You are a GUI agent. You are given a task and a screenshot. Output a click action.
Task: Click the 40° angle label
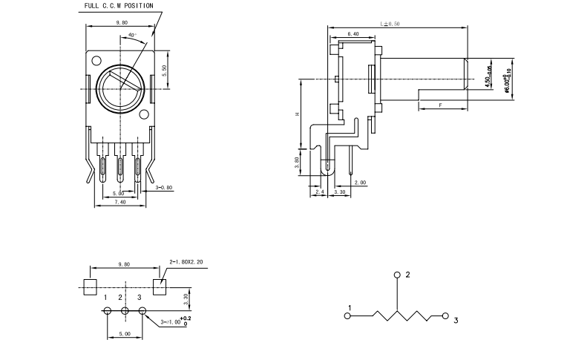pos(132,35)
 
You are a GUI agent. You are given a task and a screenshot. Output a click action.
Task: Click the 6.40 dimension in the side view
pos(353,34)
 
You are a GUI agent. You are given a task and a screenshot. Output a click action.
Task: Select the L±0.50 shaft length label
pos(390,24)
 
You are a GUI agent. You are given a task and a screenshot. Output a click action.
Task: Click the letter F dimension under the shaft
pos(441,106)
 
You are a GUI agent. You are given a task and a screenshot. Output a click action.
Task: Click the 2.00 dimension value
pos(360,183)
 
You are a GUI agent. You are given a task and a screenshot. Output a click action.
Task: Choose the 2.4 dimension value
pos(320,192)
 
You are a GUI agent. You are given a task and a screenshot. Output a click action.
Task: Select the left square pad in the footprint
pos(91,287)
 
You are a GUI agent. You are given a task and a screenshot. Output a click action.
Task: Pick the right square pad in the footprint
pos(160,287)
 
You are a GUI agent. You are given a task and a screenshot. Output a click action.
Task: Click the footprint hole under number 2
pos(125,311)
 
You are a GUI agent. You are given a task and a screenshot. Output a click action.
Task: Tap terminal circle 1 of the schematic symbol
pos(348,316)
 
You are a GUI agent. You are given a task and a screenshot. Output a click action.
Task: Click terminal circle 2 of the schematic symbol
pos(398,275)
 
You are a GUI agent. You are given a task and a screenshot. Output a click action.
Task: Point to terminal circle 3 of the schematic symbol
pos(446,316)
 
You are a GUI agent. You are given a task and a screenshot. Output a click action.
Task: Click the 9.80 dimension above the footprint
pos(124,264)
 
